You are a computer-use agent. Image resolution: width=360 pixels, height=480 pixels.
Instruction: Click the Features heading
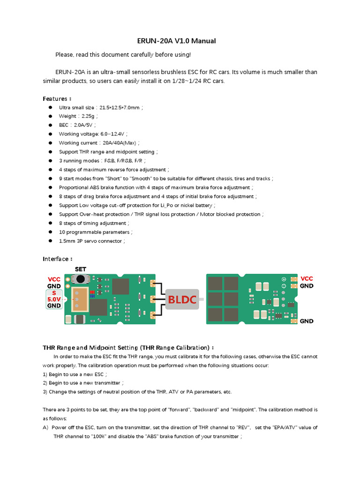57,99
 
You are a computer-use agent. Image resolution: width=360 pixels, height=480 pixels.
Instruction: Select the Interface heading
57,259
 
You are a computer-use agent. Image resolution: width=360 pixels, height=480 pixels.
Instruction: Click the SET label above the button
81,270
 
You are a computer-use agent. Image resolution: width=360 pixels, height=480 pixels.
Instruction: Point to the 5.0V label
54,299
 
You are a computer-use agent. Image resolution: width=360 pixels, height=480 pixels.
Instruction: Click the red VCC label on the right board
307,278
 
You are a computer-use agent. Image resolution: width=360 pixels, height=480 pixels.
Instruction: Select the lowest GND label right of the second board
307,321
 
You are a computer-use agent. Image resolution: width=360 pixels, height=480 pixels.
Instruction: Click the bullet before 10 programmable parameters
50,232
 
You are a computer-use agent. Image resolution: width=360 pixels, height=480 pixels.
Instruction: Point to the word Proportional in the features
74,187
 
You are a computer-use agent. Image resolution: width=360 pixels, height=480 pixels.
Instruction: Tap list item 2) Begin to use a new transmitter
83,383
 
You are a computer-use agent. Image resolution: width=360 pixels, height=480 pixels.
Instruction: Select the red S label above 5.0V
54,292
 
